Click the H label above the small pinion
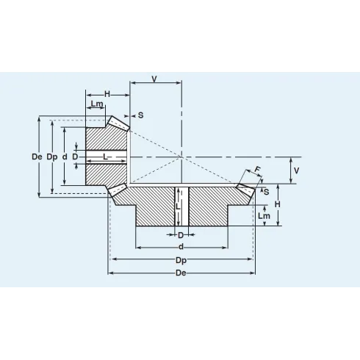107,94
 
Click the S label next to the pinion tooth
140,115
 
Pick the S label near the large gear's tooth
265,192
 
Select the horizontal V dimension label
154,78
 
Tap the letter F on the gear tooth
256,170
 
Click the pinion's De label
37,157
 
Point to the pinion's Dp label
51,157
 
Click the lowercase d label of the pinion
65,157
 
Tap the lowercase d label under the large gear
181,247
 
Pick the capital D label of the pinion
75,157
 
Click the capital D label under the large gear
181,235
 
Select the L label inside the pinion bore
106,156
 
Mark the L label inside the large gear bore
179,208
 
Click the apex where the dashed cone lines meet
181,156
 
